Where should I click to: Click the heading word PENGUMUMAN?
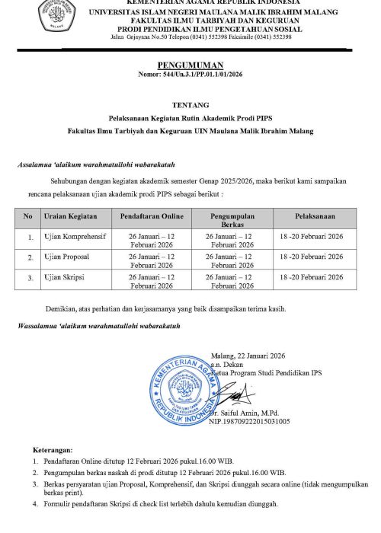(x=189, y=67)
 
